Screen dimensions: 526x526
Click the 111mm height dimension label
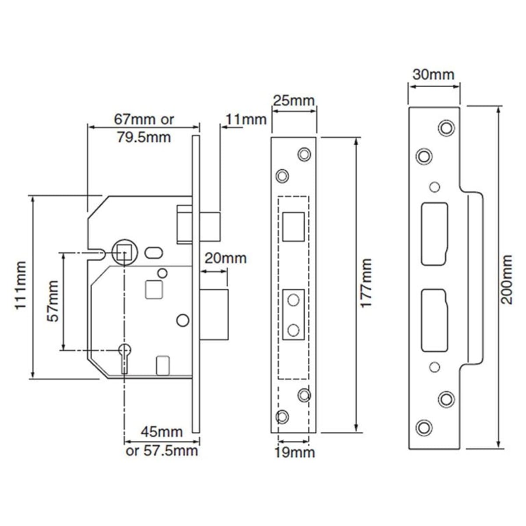(x=21, y=285)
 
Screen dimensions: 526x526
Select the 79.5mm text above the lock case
(x=144, y=137)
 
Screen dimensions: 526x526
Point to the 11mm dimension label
(x=246, y=119)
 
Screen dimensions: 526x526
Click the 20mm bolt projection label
(x=226, y=258)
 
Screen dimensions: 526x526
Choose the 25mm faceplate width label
(x=294, y=101)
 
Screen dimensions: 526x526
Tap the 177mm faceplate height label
(x=366, y=283)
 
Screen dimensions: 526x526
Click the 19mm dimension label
(x=295, y=452)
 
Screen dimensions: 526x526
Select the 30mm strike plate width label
(x=434, y=75)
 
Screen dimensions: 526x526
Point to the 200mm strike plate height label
(x=507, y=279)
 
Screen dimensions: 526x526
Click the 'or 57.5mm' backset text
(x=162, y=451)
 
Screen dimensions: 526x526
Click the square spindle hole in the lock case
(x=124, y=253)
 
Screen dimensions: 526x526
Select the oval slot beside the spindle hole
(x=153, y=253)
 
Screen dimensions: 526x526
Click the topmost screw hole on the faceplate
(x=304, y=154)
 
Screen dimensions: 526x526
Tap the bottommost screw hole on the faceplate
(x=282, y=416)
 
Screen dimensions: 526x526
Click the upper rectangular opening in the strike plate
(x=434, y=234)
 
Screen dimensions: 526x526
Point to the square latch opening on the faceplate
(x=293, y=226)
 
